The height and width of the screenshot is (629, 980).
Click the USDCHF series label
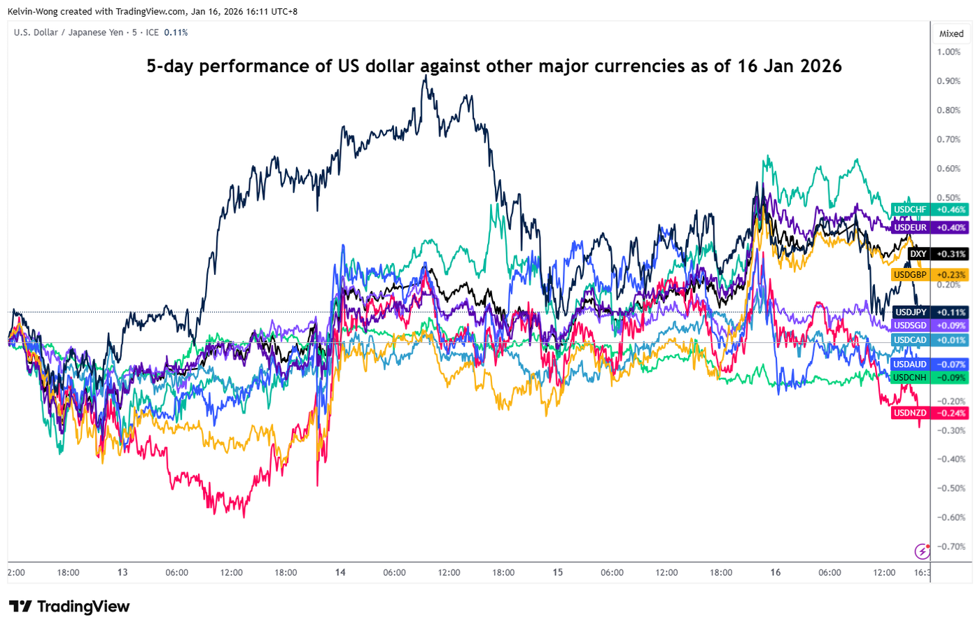tap(909, 210)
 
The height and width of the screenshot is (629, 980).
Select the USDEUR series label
tap(909, 227)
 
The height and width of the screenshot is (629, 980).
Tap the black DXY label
tap(918, 254)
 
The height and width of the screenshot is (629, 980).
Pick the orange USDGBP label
tap(909, 275)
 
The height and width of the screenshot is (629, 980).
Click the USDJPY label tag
tap(910, 312)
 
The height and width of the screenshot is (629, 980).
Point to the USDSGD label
tap(909, 325)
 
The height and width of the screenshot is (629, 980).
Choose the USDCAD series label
tap(909, 340)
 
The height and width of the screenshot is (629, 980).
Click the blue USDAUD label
tap(909, 365)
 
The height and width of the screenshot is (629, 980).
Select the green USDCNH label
tap(909, 378)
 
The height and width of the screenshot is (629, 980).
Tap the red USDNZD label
tap(909, 413)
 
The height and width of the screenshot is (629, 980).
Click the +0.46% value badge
tap(951, 210)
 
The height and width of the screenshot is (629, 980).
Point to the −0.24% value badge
tap(951, 413)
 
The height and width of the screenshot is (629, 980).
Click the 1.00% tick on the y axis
tap(948, 52)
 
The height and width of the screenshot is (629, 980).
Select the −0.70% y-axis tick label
tap(951, 546)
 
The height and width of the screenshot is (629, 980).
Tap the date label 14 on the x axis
tap(340, 572)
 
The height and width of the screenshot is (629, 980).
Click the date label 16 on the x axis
tap(776, 572)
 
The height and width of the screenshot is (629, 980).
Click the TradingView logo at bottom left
tap(69, 606)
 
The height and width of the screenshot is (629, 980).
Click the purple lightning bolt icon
tap(922, 551)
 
